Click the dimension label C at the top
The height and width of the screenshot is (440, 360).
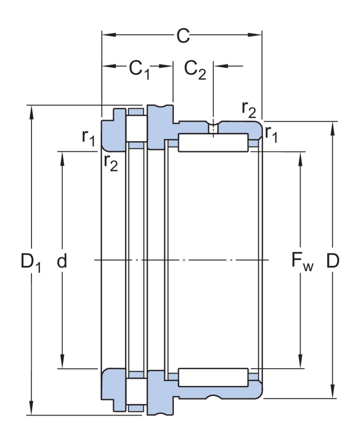point(183,36)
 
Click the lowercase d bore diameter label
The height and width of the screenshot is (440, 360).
point(62,261)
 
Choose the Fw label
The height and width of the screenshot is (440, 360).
point(302,262)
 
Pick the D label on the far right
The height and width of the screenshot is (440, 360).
point(333,261)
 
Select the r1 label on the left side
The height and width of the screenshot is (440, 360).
point(88,138)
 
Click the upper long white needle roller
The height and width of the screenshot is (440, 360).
point(213,142)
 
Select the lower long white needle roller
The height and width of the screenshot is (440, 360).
point(213,377)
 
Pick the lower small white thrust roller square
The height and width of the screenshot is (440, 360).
point(136,391)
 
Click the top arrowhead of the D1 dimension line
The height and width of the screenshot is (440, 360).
point(30,111)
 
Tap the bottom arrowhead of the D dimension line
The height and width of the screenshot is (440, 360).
point(333,392)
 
